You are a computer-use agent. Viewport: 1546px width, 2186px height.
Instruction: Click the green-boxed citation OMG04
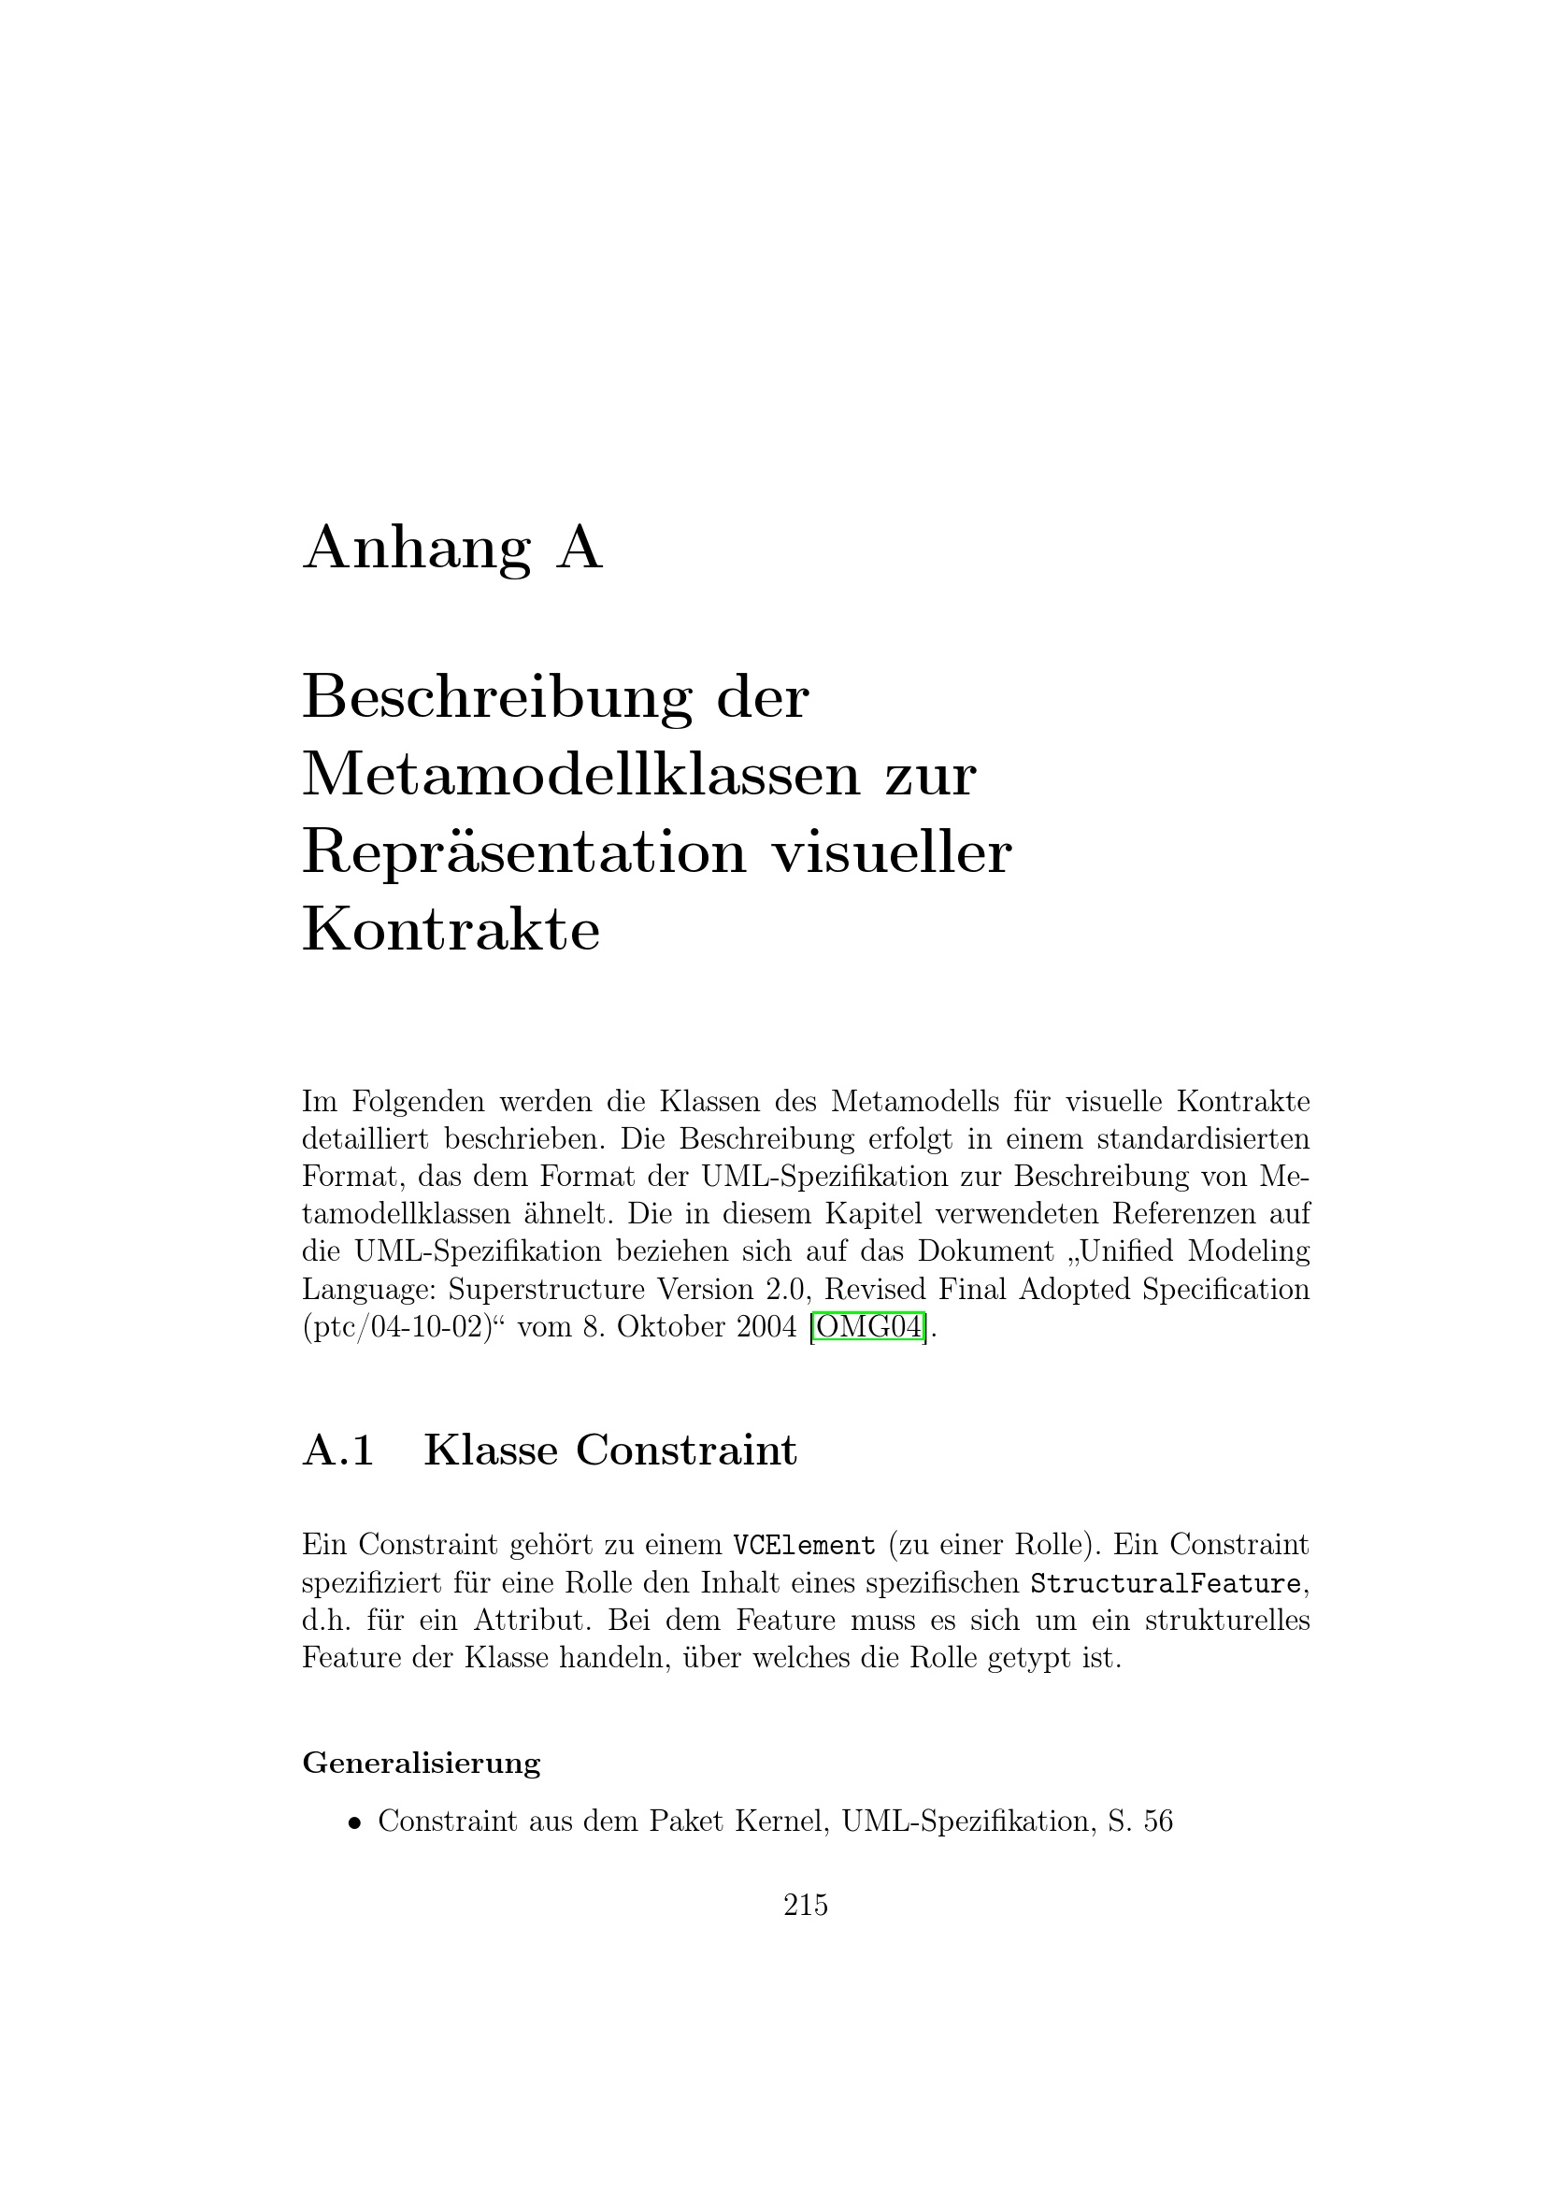870,1326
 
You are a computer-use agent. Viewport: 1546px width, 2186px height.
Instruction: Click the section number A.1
337,1450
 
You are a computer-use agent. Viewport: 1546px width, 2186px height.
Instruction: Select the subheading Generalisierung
421,1763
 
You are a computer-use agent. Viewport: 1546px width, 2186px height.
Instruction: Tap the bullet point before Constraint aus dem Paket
354,1823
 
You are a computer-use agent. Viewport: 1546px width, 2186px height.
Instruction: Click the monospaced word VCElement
804,1544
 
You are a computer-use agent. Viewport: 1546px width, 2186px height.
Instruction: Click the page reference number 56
1157,1822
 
